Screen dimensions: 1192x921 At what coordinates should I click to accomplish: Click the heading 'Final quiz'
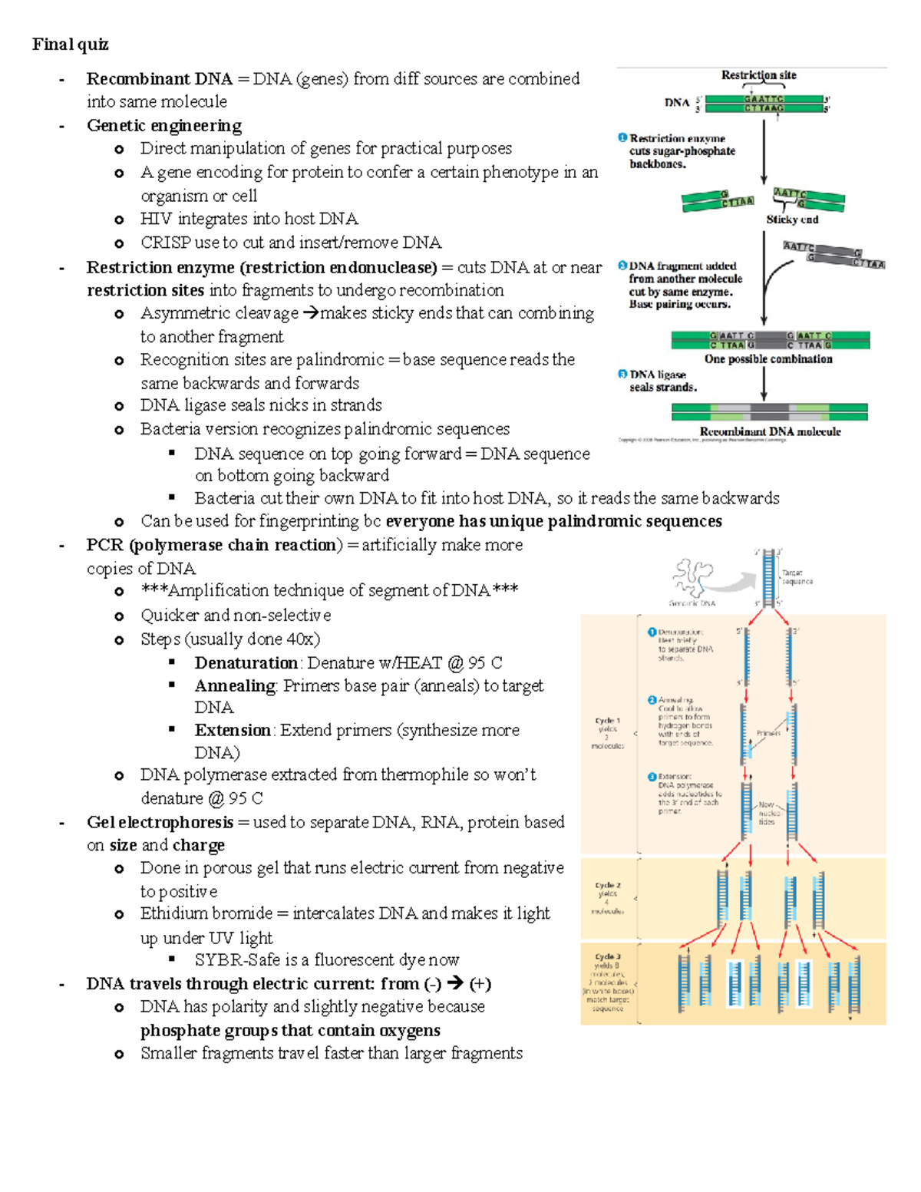(x=70, y=45)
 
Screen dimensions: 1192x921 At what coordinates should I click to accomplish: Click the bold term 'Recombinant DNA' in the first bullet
(x=159, y=79)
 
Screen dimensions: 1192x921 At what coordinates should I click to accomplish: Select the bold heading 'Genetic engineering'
(x=163, y=126)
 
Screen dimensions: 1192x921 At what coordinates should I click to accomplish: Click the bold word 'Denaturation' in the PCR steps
(x=246, y=663)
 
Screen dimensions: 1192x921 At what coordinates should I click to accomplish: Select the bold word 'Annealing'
(x=235, y=686)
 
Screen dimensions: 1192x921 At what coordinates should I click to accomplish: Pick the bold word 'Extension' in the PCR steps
(x=233, y=731)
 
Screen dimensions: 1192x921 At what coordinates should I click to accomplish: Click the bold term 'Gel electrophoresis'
(x=160, y=823)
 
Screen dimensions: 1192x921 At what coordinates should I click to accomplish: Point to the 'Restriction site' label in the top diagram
(x=758, y=75)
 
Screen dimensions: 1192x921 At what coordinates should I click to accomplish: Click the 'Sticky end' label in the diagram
(x=792, y=220)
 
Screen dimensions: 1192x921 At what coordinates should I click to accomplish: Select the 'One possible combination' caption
(x=768, y=359)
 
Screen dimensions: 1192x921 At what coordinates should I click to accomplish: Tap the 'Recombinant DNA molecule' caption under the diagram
(x=770, y=432)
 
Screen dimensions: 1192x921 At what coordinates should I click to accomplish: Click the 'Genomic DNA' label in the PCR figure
(x=692, y=603)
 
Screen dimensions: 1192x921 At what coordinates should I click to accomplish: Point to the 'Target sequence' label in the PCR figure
(x=797, y=577)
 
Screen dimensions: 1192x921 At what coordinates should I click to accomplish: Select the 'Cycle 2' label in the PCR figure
(x=608, y=885)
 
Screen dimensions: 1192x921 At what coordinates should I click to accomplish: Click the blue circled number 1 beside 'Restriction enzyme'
(x=622, y=138)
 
